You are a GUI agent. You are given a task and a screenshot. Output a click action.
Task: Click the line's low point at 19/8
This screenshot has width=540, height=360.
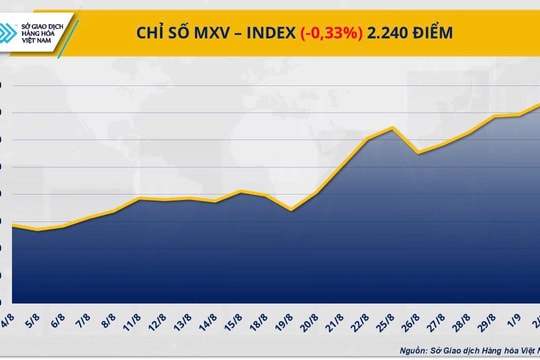pos(290,210)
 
